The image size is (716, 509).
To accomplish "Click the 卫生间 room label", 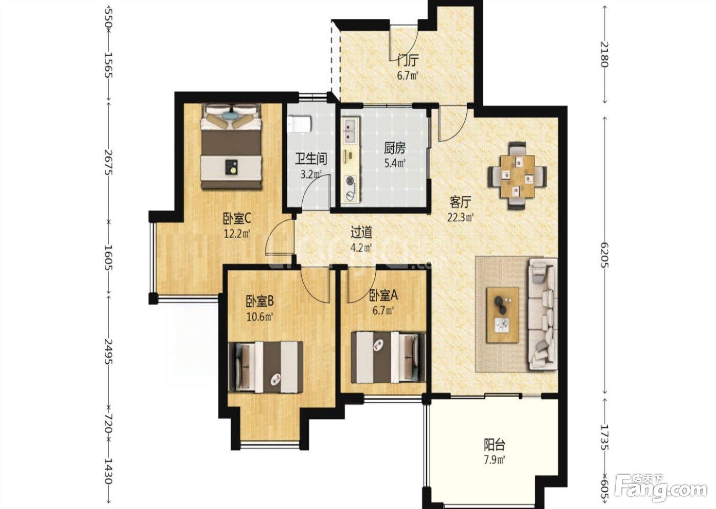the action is pyautogui.click(x=311, y=159).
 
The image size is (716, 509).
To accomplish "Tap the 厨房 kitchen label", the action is pyautogui.click(x=394, y=148).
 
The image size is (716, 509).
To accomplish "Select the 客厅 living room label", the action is pyautogui.click(x=461, y=202).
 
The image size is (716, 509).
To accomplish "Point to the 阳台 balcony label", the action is pyautogui.click(x=494, y=444).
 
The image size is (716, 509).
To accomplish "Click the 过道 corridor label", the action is pyautogui.click(x=362, y=233).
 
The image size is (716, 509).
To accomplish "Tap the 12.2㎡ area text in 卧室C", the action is pyautogui.click(x=236, y=235).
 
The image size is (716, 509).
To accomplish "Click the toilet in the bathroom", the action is pyautogui.click(x=299, y=124).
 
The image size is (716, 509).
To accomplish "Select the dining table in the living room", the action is pyautogui.click(x=518, y=176).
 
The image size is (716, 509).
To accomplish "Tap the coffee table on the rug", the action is pyautogui.click(x=502, y=315).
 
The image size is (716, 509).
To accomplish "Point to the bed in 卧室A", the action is pyautogui.click(x=388, y=357).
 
